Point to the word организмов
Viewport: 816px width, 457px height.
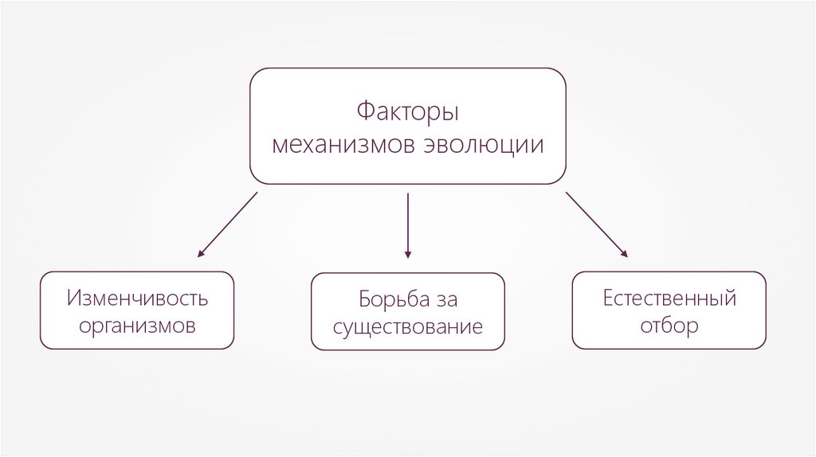(137, 326)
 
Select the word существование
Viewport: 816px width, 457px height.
(408, 327)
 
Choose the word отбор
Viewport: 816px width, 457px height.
(669, 326)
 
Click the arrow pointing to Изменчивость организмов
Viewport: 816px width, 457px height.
(228, 224)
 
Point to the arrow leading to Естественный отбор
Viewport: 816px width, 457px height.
(596, 224)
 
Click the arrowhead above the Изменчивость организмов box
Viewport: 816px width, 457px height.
(201, 254)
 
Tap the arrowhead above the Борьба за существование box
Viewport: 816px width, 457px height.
(408, 255)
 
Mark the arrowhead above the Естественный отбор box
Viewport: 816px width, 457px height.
(624, 254)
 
